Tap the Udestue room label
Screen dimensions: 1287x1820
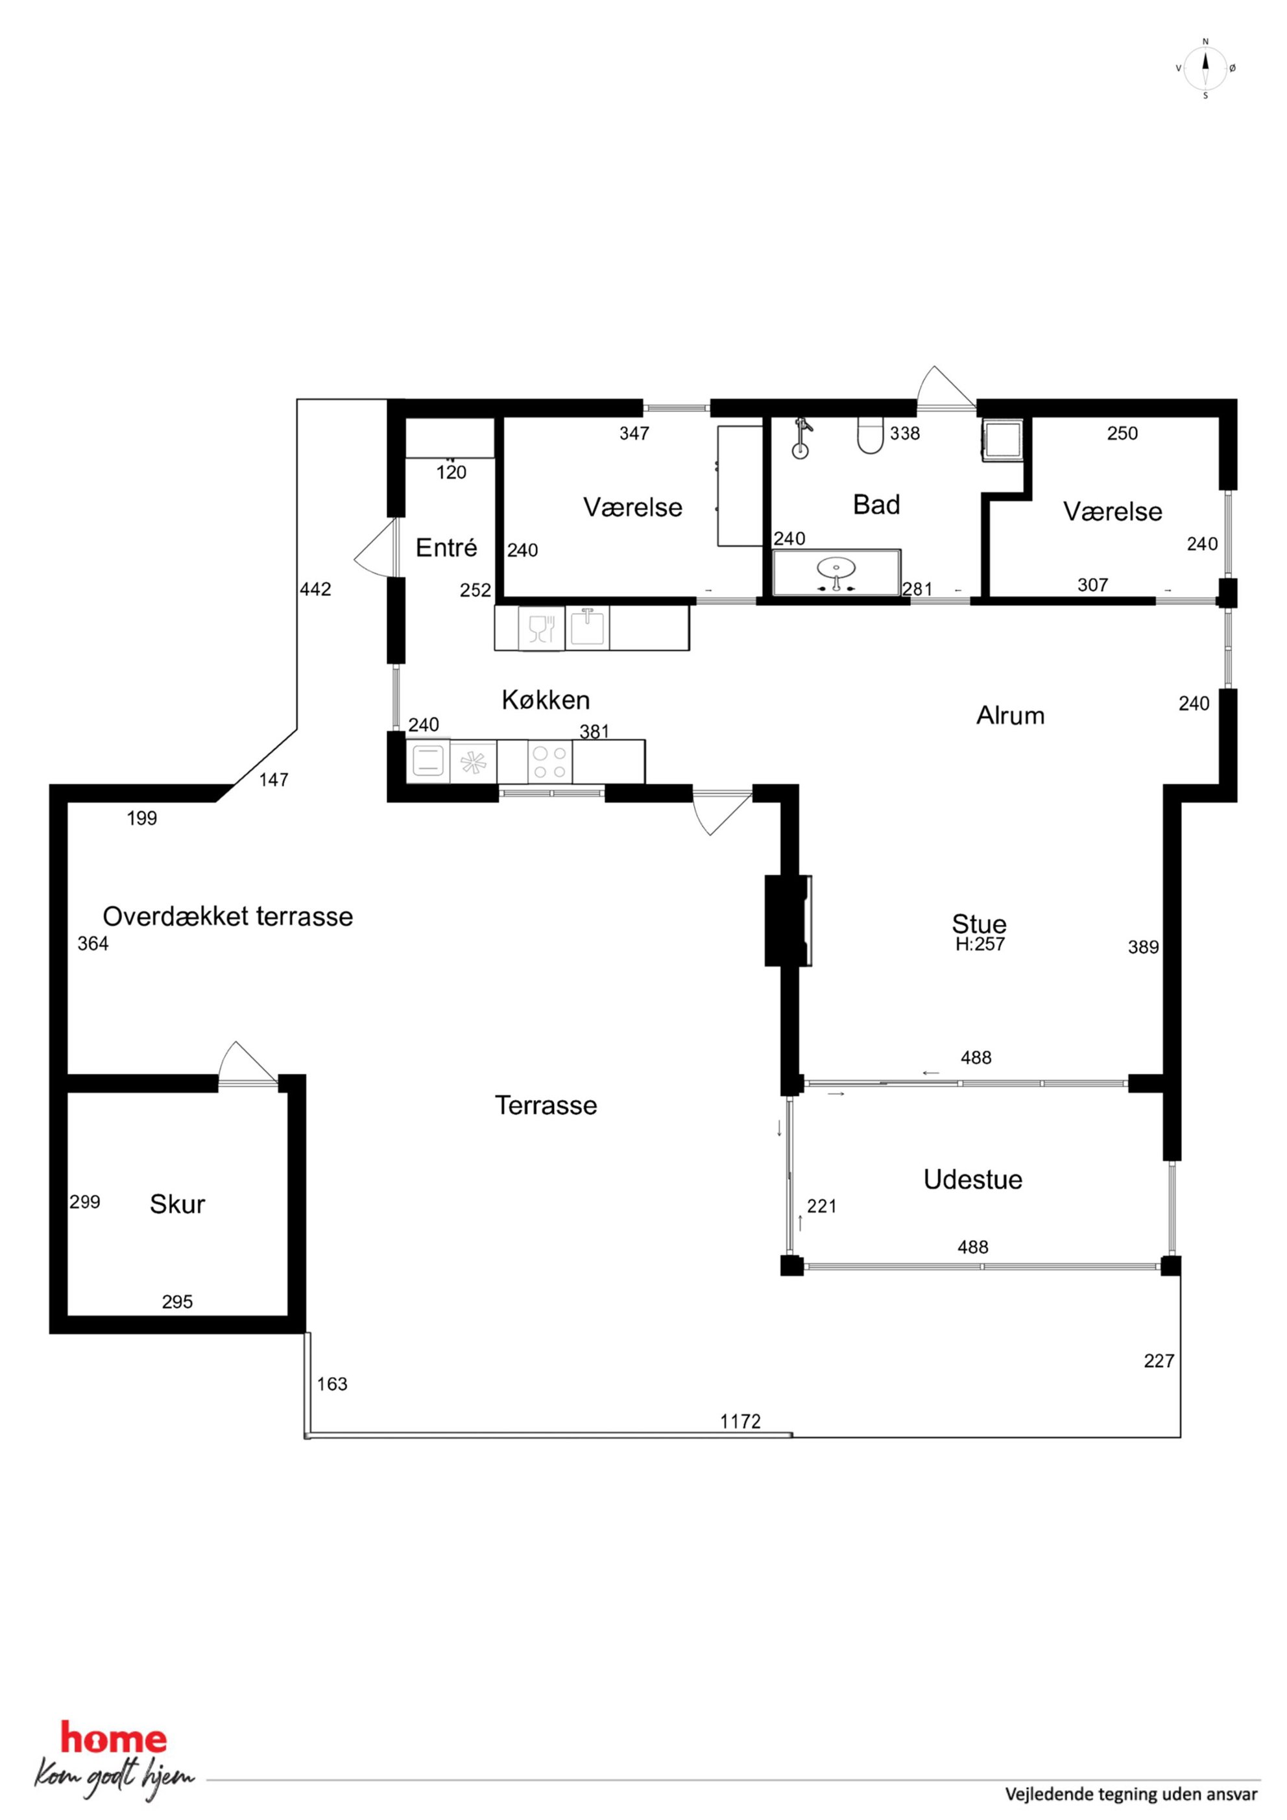pyautogui.click(x=972, y=1180)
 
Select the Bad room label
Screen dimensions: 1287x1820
pyautogui.click(x=876, y=505)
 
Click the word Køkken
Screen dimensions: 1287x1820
pyautogui.click(x=546, y=700)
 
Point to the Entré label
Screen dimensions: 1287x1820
pyautogui.click(x=446, y=547)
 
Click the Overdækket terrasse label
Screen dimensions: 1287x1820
pyautogui.click(x=228, y=916)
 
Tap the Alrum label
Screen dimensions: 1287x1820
pyautogui.click(x=1010, y=716)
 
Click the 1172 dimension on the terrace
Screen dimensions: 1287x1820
pyautogui.click(x=740, y=1421)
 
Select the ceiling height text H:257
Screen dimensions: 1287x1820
pyautogui.click(x=980, y=944)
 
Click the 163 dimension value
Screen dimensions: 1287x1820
pyautogui.click(x=331, y=1384)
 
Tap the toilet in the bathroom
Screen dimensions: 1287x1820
pyautogui.click(x=870, y=436)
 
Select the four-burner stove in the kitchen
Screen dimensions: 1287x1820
pyautogui.click(x=549, y=761)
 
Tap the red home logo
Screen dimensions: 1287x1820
pyautogui.click(x=114, y=1740)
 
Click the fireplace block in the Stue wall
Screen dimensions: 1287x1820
pyautogui.click(x=788, y=920)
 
